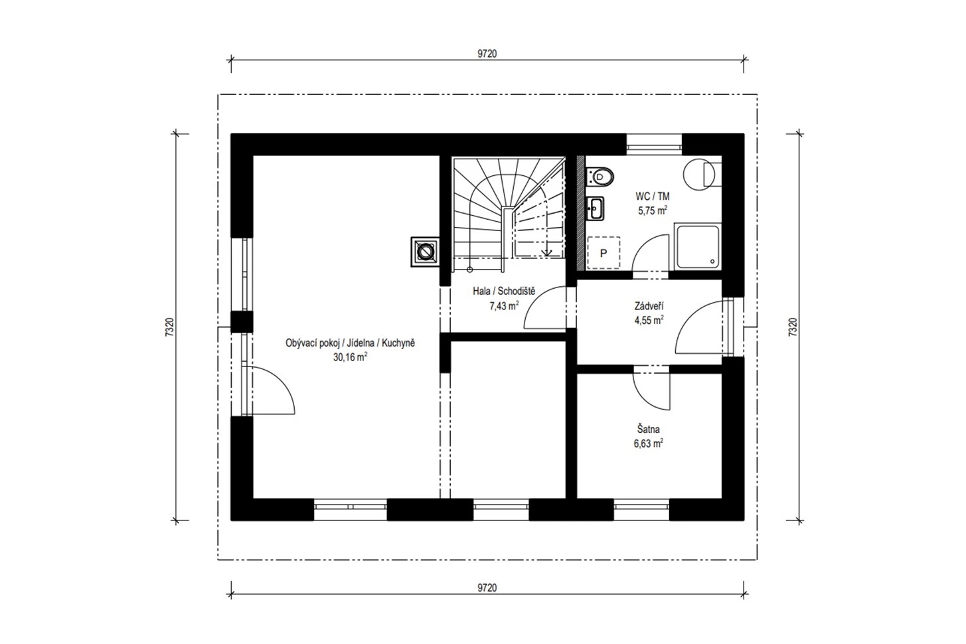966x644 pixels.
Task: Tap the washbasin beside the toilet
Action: (596, 208)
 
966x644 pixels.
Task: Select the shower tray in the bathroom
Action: (697, 247)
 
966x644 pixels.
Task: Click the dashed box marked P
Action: (604, 253)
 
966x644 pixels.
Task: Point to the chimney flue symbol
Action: (426, 252)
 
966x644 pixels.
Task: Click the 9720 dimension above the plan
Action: (487, 54)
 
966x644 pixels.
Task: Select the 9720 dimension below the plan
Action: (487, 588)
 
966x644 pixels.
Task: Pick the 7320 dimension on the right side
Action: (793, 327)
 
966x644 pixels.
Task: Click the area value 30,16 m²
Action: (350, 357)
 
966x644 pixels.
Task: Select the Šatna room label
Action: (648, 430)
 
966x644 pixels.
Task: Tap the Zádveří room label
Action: (649, 306)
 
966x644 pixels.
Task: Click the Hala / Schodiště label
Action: (504, 291)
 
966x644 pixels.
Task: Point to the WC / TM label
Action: (653, 197)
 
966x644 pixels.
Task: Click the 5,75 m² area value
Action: (653, 211)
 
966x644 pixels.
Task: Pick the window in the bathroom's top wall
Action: (654, 145)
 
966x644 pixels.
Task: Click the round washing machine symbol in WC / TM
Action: (699, 174)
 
